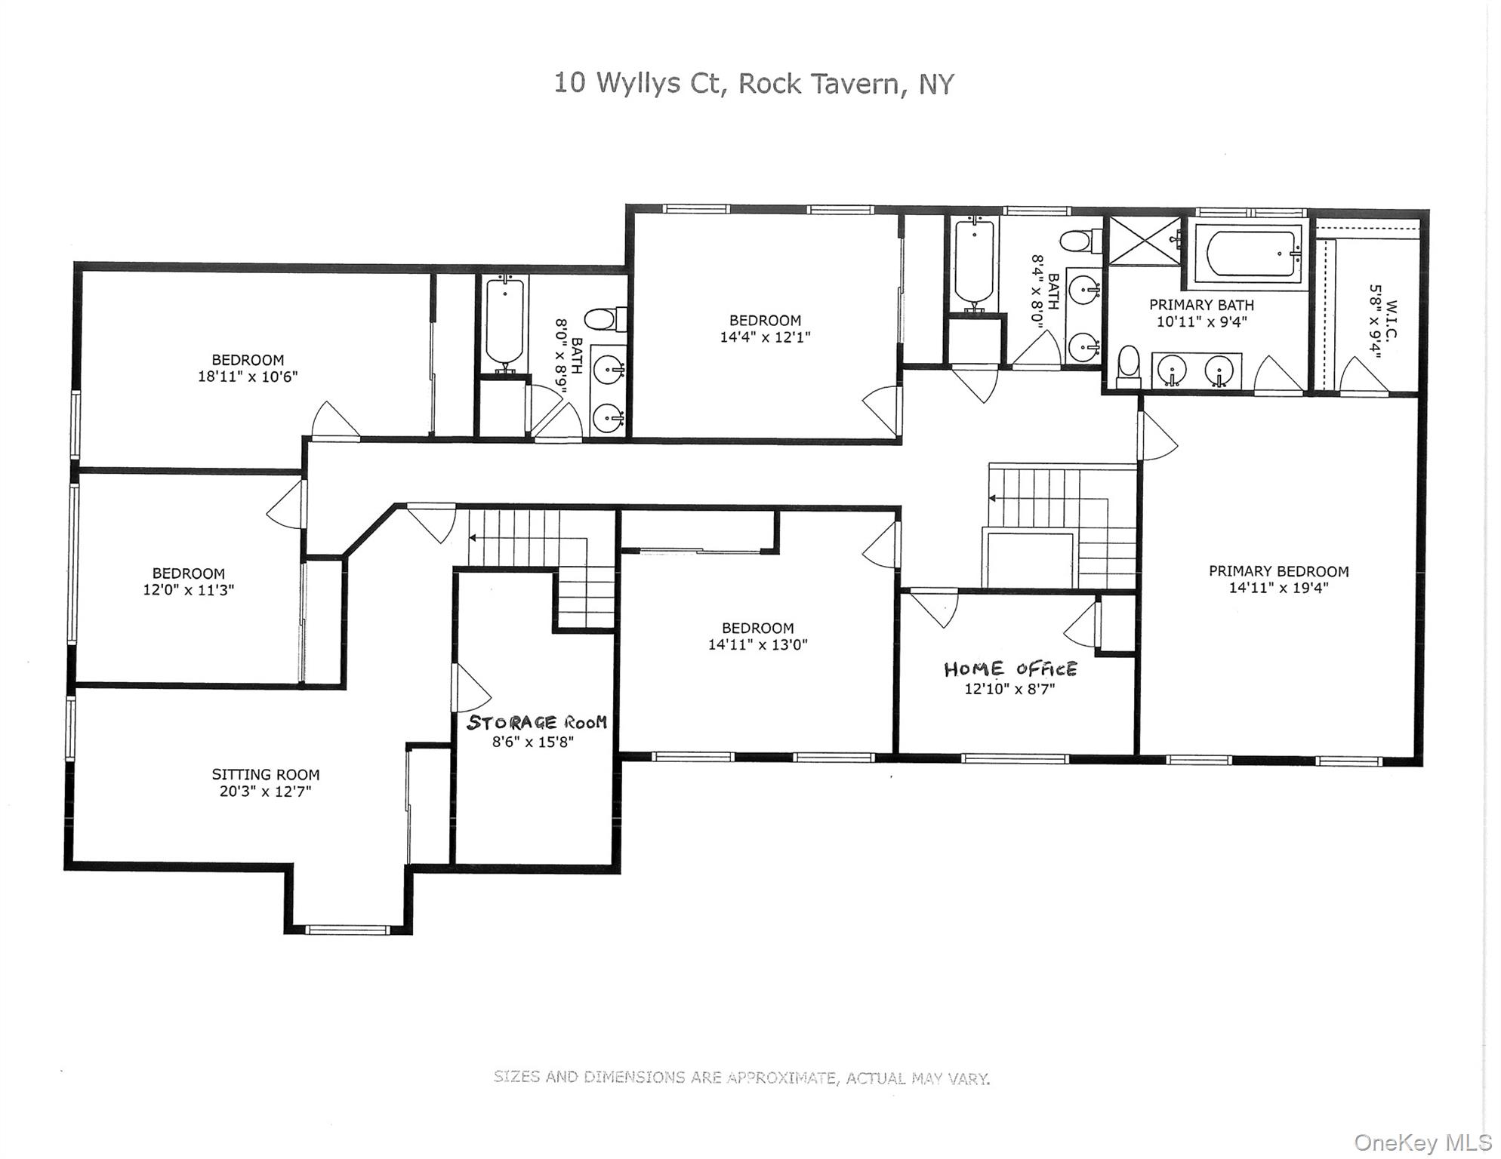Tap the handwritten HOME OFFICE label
[1010, 669]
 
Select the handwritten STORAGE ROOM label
[537, 722]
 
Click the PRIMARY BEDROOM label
[1278, 571]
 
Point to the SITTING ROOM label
[266, 774]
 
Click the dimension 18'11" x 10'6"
[248, 377]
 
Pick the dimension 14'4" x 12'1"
[765, 337]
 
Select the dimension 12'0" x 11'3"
[189, 589]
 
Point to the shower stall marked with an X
[1145, 241]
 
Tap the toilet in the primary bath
[1128, 367]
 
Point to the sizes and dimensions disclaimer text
[741, 1078]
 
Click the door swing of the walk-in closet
[1364, 375]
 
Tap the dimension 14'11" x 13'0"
[757, 644]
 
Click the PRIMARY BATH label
[1201, 305]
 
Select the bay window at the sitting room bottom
[348, 930]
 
